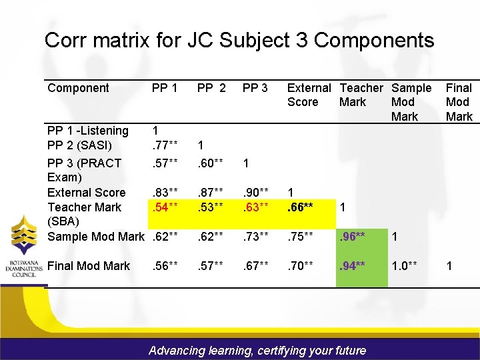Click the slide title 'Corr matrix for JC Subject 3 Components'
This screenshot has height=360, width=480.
click(x=239, y=40)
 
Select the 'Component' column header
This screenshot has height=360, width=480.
click(x=78, y=88)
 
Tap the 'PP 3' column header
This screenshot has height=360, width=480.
click(x=255, y=88)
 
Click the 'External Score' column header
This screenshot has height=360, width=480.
click(x=308, y=95)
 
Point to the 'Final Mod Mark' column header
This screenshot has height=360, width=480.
click(x=459, y=102)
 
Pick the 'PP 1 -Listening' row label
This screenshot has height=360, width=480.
click(x=88, y=131)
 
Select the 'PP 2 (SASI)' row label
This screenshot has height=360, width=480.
click(x=80, y=145)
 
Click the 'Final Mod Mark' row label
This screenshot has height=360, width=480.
click(x=89, y=266)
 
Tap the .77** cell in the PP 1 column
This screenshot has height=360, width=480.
click(x=165, y=145)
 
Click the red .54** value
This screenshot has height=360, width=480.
click(x=165, y=207)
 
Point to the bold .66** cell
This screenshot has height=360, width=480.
click(x=301, y=207)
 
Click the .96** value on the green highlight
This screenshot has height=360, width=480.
click(x=352, y=237)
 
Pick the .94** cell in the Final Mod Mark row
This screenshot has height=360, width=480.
click(x=352, y=266)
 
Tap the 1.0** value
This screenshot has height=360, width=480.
click(x=405, y=266)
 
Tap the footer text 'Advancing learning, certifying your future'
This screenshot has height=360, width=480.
click(x=257, y=350)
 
